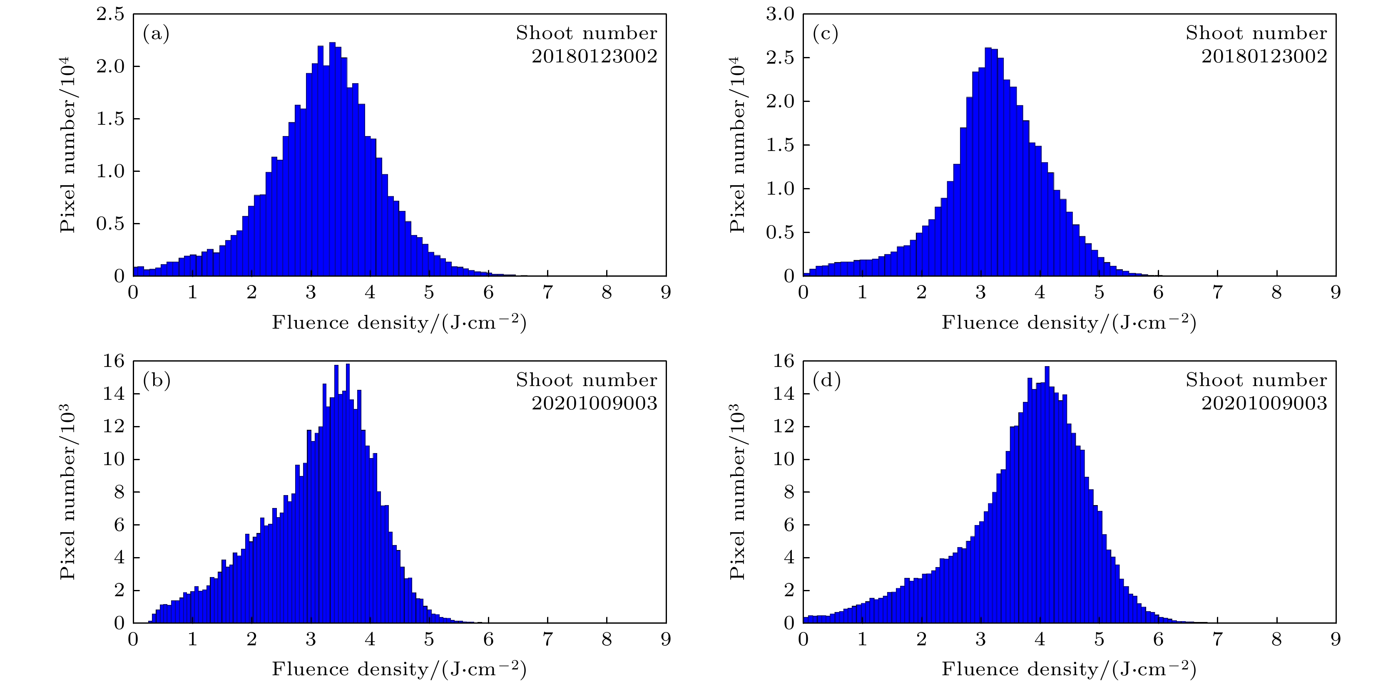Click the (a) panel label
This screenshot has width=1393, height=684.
point(156,34)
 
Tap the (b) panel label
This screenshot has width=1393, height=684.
point(156,381)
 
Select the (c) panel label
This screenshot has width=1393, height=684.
point(825,34)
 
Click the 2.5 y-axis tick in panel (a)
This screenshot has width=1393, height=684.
point(110,15)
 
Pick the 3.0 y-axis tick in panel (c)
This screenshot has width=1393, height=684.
point(780,15)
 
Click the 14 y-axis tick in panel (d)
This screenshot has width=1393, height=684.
point(784,394)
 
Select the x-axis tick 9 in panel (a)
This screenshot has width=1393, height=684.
point(666,293)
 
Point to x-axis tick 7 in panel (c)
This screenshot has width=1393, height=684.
point(1217,293)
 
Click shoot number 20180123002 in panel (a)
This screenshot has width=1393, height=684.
point(595,56)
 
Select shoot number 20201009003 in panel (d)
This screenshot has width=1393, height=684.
point(1264,403)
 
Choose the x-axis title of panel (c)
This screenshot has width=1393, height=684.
point(1069,322)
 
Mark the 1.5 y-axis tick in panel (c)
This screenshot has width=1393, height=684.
point(780,145)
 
